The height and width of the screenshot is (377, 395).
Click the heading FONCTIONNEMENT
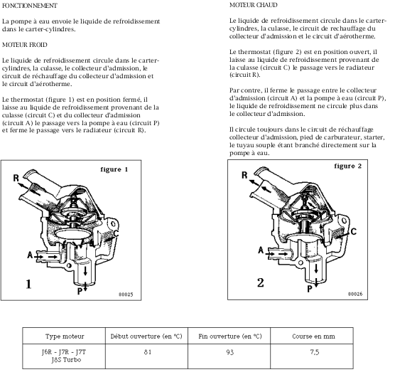[30, 6]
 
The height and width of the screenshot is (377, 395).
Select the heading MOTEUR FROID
[25, 45]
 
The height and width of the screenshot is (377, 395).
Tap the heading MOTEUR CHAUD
[254, 5]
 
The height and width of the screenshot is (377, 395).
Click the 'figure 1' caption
[114, 169]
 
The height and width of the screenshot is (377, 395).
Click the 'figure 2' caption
[348, 166]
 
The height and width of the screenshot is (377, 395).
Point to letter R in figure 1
[16, 178]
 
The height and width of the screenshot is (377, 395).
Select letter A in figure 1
[30, 255]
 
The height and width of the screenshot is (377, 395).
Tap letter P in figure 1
[80, 291]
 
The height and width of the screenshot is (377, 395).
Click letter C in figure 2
[353, 231]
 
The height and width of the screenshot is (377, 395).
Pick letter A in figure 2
[261, 250]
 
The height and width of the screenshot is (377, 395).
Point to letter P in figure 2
[310, 289]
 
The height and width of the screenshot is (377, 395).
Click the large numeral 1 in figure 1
[28, 284]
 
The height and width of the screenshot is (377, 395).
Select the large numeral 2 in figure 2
[261, 282]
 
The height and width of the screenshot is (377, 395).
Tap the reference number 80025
[126, 294]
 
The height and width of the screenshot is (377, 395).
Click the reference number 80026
[355, 294]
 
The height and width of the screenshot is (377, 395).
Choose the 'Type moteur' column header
[65, 336]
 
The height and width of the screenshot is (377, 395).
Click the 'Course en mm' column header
[313, 336]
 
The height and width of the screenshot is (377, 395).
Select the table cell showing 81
[148, 352]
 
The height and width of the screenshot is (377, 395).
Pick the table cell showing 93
[229, 352]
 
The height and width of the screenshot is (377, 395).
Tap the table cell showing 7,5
[315, 352]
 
